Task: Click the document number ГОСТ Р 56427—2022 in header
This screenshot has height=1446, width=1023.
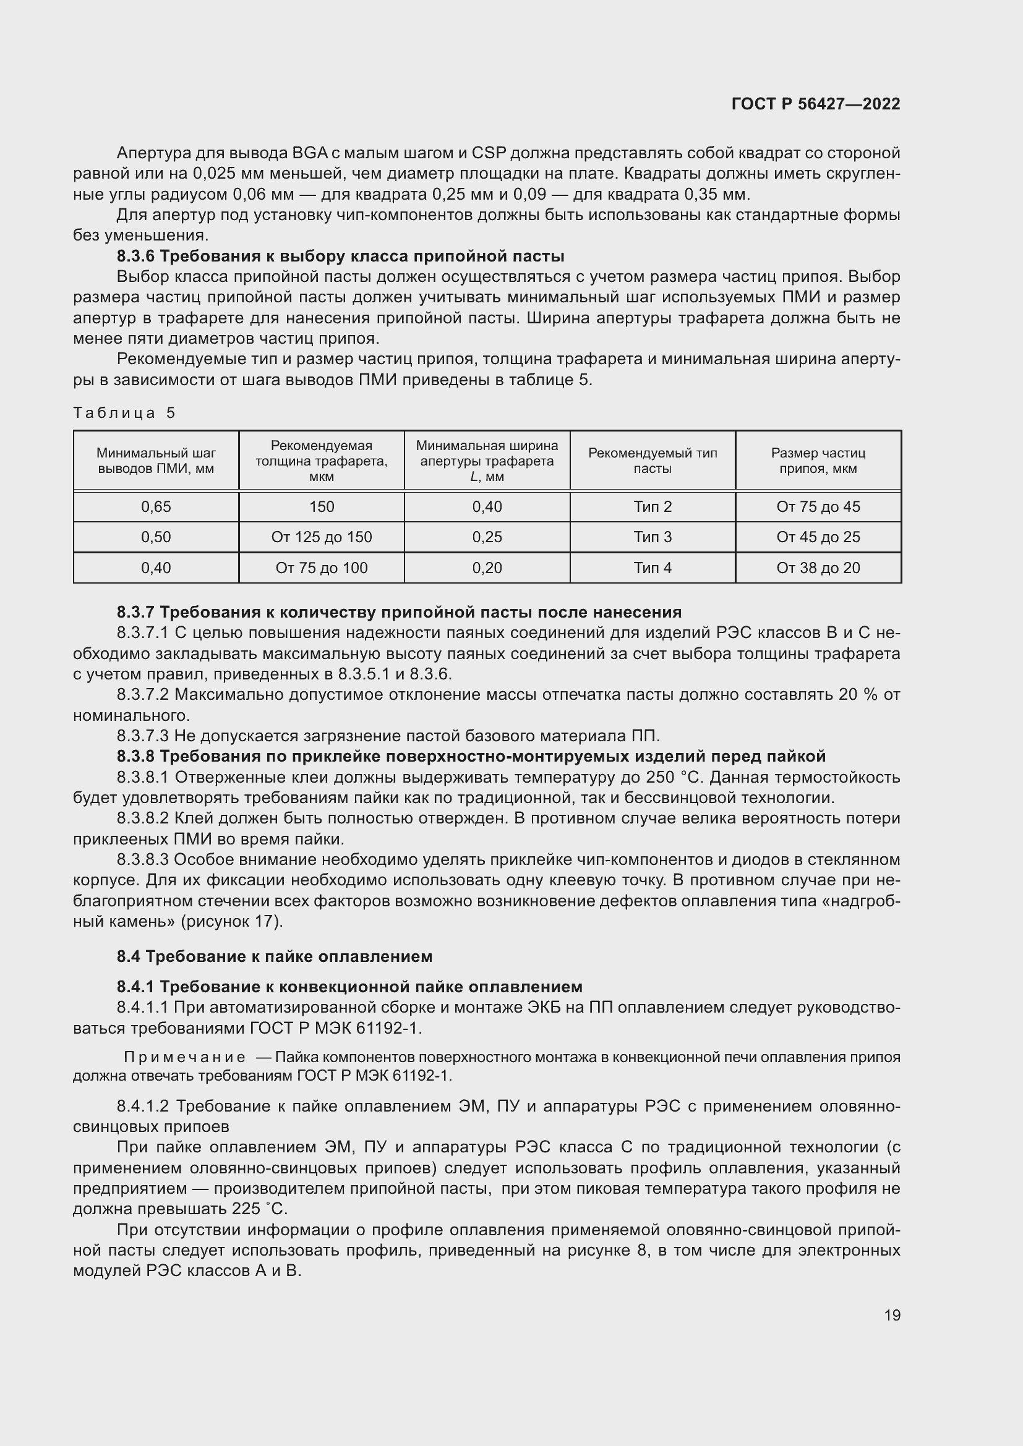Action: click(816, 104)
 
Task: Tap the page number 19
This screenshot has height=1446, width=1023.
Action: click(892, 1315)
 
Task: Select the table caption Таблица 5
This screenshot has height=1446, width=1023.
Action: click(124, 413)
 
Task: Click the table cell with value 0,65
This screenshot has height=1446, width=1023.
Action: click(156, 507)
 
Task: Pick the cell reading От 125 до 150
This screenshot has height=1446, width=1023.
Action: click(321, 537)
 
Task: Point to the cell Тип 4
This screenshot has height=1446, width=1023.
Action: click(652, 568)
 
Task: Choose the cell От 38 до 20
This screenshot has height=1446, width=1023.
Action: click(818, 568)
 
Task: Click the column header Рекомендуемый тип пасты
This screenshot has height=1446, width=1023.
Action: click(652, 461)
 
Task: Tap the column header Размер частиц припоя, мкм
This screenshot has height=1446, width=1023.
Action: click(818, 461)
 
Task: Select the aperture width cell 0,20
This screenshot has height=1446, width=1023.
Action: click(487, 568)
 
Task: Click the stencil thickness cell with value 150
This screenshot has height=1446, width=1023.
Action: click(321, 507)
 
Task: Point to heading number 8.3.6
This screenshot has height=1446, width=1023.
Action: click(135, 257)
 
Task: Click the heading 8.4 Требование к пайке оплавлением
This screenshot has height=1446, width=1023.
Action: click(274, 956)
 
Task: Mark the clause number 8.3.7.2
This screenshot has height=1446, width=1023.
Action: click(143, 695)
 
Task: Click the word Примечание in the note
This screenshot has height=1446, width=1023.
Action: click(184, 1057)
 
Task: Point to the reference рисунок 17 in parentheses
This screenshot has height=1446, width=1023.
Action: click(231, 921)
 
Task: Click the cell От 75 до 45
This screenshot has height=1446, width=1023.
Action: click(818, 507)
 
